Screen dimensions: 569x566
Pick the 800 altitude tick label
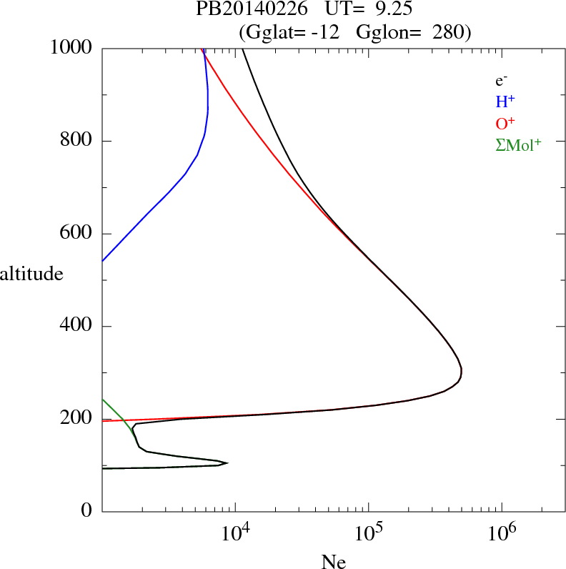pyautogui.click(x=77, y=141)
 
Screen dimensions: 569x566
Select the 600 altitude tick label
pyautogui.click(x=77, y=234)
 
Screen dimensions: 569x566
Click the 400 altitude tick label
pyautogui.click(x=77, y=327)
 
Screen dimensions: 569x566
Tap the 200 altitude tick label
pyautogui.click(x=77, y=419)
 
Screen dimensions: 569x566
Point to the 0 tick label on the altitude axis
pyautogui.click(x=88, y=511)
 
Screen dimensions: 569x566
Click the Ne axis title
pyautogui.click(x=333, y=561)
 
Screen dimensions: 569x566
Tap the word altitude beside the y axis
pyautogui.click(x=31, y=273)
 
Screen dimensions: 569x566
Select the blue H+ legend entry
pyautogui.click(x=505, y=103)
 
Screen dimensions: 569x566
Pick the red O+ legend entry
pyautogui.click(x=505, y=124)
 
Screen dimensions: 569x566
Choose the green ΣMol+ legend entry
pyautogui.click(x=518, y=145)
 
